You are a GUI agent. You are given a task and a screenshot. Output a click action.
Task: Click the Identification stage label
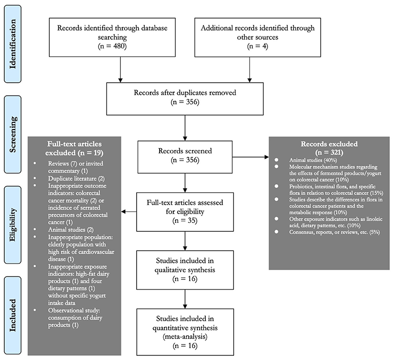12,44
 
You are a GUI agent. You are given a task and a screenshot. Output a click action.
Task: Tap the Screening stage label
12,134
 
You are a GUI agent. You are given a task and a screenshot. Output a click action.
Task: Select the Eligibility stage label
12,225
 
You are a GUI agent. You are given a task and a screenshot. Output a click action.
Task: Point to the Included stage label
12,315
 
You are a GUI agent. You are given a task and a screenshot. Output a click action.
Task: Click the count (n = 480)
112,46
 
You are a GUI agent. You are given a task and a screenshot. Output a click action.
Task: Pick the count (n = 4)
257,46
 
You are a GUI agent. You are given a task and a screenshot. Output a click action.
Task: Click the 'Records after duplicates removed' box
185,99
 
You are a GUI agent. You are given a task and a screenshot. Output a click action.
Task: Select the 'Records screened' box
185,157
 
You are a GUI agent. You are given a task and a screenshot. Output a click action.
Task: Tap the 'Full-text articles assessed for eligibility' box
185,212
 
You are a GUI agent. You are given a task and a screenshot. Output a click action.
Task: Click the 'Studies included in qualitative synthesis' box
185,270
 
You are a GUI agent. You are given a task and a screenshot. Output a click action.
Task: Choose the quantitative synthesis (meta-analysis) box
185,332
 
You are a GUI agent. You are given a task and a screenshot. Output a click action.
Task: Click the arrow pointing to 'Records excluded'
250,157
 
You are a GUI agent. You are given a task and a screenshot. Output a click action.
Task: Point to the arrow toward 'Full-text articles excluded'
129,212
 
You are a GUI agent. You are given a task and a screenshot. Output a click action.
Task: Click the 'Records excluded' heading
329,148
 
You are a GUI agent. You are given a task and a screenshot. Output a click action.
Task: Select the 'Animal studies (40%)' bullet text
313,160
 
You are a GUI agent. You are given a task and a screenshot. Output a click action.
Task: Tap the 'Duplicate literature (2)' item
76,178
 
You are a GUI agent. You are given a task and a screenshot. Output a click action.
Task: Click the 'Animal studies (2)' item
71,229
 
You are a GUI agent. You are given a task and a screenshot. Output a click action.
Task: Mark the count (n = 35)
185,220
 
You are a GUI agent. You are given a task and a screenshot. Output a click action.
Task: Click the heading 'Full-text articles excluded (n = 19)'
74,148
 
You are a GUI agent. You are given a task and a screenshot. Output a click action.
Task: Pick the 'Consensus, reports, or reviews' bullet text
335,232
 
